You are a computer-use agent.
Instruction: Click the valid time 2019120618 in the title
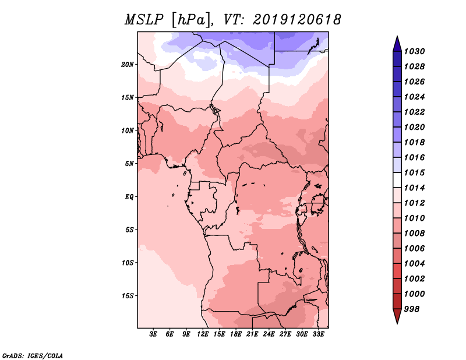coord(297,20)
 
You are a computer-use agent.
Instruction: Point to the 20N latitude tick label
coord(128,64)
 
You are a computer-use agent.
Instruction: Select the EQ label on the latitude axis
coord(129,196)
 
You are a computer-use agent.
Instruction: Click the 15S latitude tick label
coord(128,295)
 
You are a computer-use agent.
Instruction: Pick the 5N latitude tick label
coord(129,163)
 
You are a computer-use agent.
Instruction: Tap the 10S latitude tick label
coord(128,262)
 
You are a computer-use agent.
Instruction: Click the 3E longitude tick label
coord(154,335)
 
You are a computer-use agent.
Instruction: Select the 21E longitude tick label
coord(253,335)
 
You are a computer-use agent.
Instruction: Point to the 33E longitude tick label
coord(319,335)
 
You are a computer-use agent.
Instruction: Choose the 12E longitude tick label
coord(203,335)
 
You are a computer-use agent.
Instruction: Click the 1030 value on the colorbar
coord(415,51)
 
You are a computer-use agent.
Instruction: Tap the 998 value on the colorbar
coord(412,309)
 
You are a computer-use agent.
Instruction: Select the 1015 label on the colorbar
coord(415,172)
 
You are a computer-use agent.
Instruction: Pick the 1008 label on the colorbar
coord(415,233)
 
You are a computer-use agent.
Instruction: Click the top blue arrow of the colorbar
coord(397,43)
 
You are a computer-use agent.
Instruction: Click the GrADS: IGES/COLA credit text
coord(32,355)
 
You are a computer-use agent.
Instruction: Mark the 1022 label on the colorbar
coord(415,112)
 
